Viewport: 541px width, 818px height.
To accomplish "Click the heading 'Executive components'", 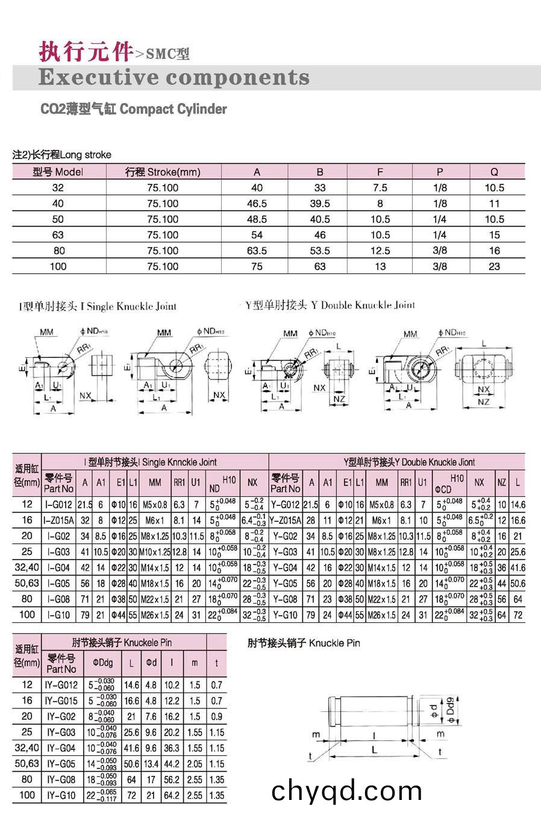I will coord(174,78).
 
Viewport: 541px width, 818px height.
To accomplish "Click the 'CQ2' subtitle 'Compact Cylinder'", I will coord(134,109).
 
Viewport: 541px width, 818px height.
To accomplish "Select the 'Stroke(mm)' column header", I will coord(163,172).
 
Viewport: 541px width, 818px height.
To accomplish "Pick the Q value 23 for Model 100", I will coord(494,266).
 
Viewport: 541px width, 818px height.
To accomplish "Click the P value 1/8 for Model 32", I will coord(440,187).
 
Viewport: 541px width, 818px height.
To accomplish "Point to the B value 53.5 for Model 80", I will coord(319,251).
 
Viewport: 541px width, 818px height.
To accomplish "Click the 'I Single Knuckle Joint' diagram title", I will coord(98,306).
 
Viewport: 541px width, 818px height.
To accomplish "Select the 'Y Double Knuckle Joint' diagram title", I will coord(331,305).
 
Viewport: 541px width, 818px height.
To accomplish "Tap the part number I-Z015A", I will coord(58,520).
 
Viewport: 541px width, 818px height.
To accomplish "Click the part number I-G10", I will coord(58,615).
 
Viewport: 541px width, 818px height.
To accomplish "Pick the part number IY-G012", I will coord(61,685).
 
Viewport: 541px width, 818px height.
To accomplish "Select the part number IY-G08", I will coord(61,779).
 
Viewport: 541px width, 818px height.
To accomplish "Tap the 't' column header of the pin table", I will coord(216,663).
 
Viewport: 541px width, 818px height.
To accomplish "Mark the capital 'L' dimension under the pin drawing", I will coord(374,749).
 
